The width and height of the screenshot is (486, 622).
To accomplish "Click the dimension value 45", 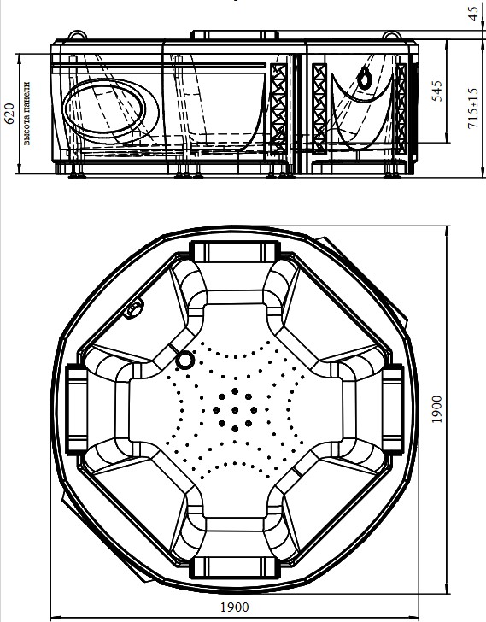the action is (473, 13).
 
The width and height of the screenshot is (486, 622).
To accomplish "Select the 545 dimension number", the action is (437, 91).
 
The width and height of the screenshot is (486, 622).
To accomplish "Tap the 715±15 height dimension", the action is (473, 108).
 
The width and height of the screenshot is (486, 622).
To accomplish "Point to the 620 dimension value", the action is (9, 113).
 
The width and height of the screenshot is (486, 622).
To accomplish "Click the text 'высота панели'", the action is (26, 114).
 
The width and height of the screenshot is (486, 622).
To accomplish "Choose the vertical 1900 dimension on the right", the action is (436, 409).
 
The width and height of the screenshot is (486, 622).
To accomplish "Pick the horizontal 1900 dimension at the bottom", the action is (235, 607).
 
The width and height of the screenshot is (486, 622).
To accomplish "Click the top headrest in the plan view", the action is (235, 251).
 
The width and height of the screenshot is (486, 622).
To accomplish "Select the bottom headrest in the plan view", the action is (234, 567).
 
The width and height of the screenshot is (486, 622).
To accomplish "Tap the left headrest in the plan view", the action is (77, 408).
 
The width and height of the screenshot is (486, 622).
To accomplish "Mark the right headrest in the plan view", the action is (393, 409).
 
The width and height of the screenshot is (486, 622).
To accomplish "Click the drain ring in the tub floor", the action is (184, 361).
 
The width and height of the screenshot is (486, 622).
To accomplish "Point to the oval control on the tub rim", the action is (134, 309).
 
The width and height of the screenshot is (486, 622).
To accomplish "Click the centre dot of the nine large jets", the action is (235, 410).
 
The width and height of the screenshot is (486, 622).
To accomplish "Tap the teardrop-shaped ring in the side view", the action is (364, 78).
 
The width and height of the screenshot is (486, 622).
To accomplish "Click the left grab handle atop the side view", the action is (77, 35).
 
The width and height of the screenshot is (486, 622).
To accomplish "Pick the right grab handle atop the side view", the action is (392, 36).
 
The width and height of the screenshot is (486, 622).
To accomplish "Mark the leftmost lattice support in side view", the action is (278, 109).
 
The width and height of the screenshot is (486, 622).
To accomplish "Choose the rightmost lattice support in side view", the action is (401, 109).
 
